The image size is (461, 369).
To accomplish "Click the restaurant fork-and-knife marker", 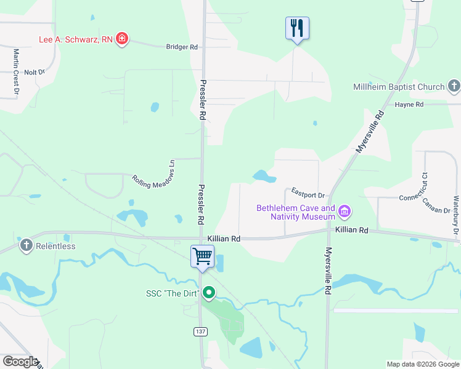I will click(x=297, y=28).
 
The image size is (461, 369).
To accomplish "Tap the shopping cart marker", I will click(x=203, y=257).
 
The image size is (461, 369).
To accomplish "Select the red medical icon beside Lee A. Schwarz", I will click(x=122, y=39).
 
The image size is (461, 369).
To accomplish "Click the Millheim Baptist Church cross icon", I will click(x=454, y=87).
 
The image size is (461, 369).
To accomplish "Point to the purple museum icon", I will click(x=345, y=213).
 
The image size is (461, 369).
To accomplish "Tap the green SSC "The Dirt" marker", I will click(x=209, y=293).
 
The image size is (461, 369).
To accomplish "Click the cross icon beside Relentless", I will click(x=26, y=246).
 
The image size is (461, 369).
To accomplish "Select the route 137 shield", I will click(x=200, y=331).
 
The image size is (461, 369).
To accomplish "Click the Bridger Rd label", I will click(x=182, y=47).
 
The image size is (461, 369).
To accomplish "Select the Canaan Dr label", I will click(x=437, y=207).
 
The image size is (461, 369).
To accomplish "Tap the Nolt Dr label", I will click(x=35, y=72).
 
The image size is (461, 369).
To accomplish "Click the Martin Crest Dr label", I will click(x=15, y=73).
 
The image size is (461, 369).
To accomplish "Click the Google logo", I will click(x=20, y=361).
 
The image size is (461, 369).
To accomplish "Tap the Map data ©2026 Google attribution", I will click(x=422, y=363).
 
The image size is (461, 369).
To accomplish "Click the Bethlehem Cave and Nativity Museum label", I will click(x=296, y=213).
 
